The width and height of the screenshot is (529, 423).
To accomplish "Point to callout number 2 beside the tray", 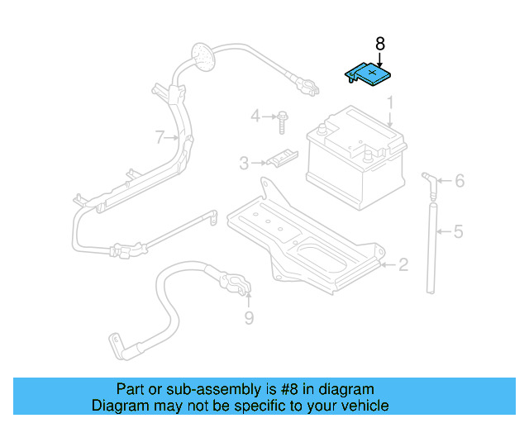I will tap(403, 264).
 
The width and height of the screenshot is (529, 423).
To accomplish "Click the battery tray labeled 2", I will tap(306, 240).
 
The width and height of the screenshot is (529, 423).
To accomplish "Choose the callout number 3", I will tap(244, 164).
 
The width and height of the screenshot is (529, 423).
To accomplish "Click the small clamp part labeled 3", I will tap(282, 158).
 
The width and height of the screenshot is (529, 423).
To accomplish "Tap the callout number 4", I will tap(255, 116).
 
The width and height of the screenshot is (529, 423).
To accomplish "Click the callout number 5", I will tap(458, 231).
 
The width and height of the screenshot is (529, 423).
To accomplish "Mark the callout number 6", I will tap(459, 181).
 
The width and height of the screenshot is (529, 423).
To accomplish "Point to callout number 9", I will tap(249, 318).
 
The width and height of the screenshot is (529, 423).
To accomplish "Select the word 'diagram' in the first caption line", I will tap(345, 389).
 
